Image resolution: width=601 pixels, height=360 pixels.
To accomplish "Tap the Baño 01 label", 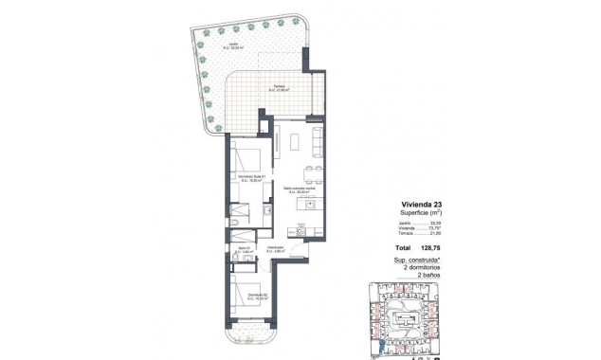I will [x=245, y=250].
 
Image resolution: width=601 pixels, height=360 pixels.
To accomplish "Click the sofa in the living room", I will [x=317, y=142].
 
